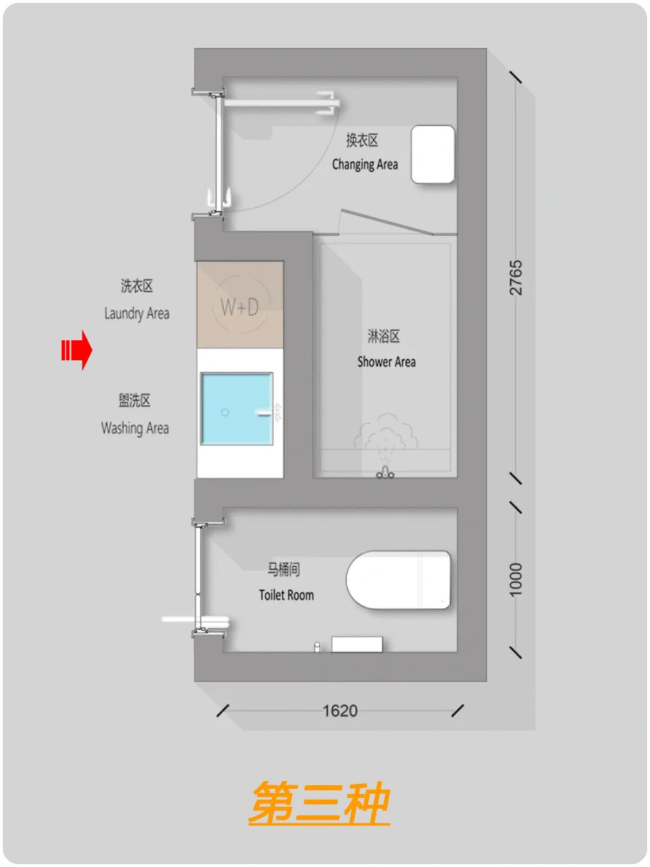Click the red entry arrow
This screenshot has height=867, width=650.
tap(77, 350)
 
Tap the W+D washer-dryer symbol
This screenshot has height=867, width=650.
tap(239, 307)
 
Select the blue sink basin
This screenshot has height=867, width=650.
tap(237, 409)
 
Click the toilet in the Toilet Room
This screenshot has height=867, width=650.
tap(399, 579)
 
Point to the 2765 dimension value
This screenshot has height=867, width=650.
tap(516, 277)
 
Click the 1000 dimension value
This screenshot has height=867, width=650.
tap(516, 579)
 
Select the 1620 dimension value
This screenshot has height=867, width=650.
tap(340, 711)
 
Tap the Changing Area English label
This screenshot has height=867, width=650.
tap(365, 164)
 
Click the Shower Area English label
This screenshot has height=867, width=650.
tap(386, 362)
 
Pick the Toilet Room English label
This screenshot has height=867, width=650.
tap(287, 595)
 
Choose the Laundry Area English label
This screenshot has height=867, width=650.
tap(137, 314)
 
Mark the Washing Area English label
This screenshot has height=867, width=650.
tap(135, 429)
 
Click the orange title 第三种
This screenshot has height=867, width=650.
tap(320, 803)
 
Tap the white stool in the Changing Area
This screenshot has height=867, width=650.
tap(433, 154)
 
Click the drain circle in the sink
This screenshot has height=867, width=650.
tap(225, 412)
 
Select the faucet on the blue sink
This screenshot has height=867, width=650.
tap(270, 412)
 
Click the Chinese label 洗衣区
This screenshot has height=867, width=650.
tap(137, 286)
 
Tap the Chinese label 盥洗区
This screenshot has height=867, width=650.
tap(134, 400)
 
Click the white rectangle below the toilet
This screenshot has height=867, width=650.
tap(357, 644)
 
